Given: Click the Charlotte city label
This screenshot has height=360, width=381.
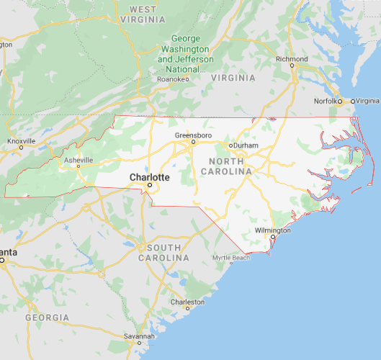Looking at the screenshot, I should coord(150,176).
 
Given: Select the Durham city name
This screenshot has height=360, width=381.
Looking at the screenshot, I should coord(246,145).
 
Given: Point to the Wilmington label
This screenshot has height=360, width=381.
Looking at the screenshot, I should coord(273,231).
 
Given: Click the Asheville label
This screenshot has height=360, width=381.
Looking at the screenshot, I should coord(79,159).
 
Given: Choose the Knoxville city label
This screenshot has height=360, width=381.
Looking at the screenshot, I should coord(21,140).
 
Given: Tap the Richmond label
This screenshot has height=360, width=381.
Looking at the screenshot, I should coord(292,59).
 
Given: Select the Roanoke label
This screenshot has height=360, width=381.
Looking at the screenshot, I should coord(173,79).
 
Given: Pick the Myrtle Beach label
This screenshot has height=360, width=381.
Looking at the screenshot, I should coord(231,258).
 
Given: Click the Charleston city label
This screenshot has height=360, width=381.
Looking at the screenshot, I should coord(187,302).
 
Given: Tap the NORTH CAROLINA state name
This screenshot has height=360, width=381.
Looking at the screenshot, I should coord(230,166).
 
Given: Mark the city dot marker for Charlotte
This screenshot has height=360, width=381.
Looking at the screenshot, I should coord(150,185).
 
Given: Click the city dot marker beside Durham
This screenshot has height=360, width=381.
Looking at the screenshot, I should coord(230,145).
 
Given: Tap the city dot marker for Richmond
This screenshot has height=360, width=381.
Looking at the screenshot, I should coord(292,66).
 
